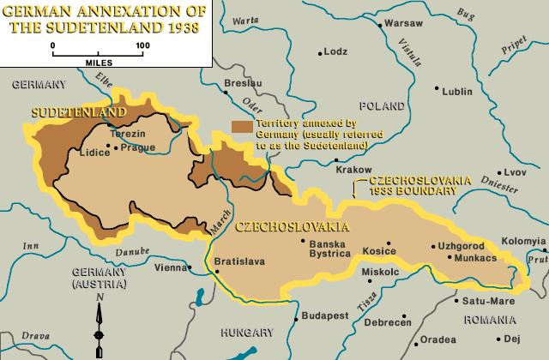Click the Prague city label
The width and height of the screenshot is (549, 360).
point(138,147)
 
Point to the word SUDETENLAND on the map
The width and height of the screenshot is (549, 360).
point(79,112)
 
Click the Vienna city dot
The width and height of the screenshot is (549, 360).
point(189,267)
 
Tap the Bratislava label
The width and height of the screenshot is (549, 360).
point(239,261)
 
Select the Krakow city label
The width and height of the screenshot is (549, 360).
point(352,170)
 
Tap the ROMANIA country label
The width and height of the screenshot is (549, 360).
point(486,319)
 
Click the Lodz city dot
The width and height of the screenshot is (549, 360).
point(320,52)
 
